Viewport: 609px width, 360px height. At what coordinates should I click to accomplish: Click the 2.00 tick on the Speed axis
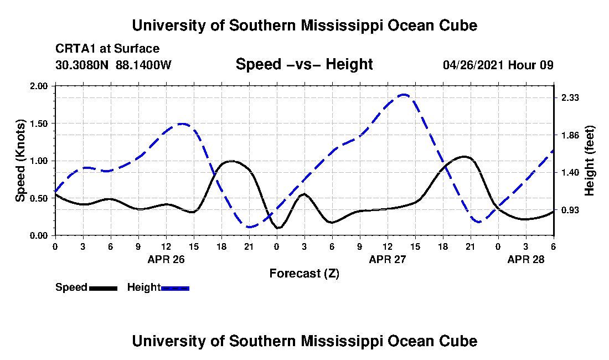point(38,86)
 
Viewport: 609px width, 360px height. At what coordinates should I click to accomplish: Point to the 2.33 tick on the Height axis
point(570,97)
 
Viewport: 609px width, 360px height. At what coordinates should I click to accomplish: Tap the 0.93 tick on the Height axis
point(570,210)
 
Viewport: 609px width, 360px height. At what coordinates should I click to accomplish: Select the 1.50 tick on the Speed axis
point(38,124)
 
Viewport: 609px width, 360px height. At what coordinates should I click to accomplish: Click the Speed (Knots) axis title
point(20,161)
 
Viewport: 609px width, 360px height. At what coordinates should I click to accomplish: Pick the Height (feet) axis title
point(589,161)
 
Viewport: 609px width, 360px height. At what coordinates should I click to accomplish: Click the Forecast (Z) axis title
point(304,274)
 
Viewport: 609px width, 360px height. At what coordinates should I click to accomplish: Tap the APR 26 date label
point(166,259)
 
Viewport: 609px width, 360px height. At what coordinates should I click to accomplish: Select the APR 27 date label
point(387,259)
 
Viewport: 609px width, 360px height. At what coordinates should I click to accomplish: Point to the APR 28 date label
point(526,259)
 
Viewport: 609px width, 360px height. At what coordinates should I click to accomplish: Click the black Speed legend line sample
point(104,288)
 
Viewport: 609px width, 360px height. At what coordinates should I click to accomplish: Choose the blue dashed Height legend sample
point(175,288)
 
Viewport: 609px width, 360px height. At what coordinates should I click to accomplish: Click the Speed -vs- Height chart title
point(304,64)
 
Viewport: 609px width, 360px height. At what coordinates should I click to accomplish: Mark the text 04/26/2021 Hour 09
point(498,65)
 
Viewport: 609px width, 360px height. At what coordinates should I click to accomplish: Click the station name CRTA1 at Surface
point(107,49)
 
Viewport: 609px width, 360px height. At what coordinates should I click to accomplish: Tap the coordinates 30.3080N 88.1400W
point(113,65)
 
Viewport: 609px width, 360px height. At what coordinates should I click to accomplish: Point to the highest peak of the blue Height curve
point(404,94)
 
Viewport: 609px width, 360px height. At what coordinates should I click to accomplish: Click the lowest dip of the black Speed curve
point(278,228)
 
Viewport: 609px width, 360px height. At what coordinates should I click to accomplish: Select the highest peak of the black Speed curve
point(464,157)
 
